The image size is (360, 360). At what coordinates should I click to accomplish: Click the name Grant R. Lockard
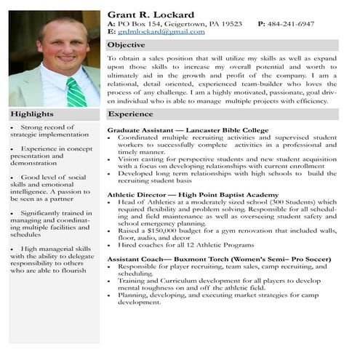click(151, 15)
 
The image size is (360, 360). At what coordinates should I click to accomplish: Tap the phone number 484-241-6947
click(296, 24)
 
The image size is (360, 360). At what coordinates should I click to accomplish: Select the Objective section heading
click(127, 46)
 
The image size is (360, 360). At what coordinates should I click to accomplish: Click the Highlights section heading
click(32, 114)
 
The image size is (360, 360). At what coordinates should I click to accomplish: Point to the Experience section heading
click(130, 114)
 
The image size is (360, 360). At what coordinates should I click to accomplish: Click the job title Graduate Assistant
click(140, 130)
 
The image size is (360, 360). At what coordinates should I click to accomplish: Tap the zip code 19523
click(227, 24)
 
